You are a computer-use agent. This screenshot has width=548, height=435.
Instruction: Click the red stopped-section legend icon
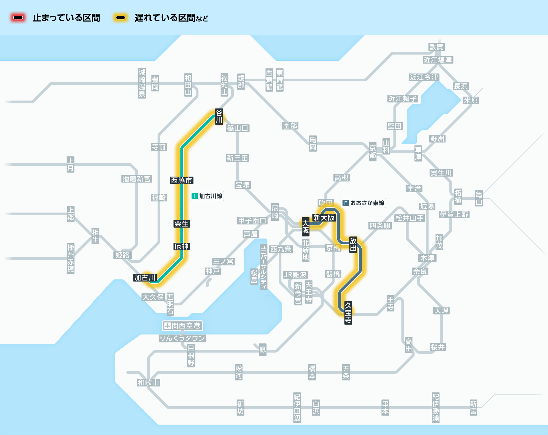click(x=18, y=18)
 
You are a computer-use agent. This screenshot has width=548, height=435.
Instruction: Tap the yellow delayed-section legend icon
click(x=121, y=18)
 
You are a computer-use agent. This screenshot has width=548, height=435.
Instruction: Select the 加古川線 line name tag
click(x=207, y=196)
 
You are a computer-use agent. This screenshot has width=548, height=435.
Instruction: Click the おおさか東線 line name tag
click(x=363, y=203)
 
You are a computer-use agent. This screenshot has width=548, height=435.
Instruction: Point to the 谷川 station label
click(x=219, y=116)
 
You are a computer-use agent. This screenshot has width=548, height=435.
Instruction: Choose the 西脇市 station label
click(x=182, y=181)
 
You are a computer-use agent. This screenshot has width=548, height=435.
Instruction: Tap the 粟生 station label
click(x=182, y=224)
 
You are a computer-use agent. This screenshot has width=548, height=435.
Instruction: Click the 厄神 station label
click(x=182, y=247)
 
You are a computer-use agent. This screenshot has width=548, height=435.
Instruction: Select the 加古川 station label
click(x=145, y=278)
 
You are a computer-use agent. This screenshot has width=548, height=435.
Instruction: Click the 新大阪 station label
click(x=324, y=218)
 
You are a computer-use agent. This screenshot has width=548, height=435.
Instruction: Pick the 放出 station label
click(x=353, y=244)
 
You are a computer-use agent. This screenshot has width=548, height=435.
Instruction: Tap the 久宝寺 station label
click(x=348, y=313)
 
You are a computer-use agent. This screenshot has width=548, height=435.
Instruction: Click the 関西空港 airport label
click(x=182, y=326)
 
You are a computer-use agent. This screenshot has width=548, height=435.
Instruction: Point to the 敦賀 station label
click(x=436, y=47)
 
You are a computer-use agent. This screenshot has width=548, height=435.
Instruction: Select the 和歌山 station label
click(x=149, y=383)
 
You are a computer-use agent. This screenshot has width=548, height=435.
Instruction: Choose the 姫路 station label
click(x=122, y=255)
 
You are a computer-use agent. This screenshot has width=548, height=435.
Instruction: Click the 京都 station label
click(x=372, y=152)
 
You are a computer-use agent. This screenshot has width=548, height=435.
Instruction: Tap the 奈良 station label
click(x=420, y=271)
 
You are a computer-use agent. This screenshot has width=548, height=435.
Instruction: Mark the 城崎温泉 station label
click(x=142, y=83)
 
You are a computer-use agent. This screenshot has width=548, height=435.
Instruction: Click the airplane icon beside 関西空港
click(x=167, y=326)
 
